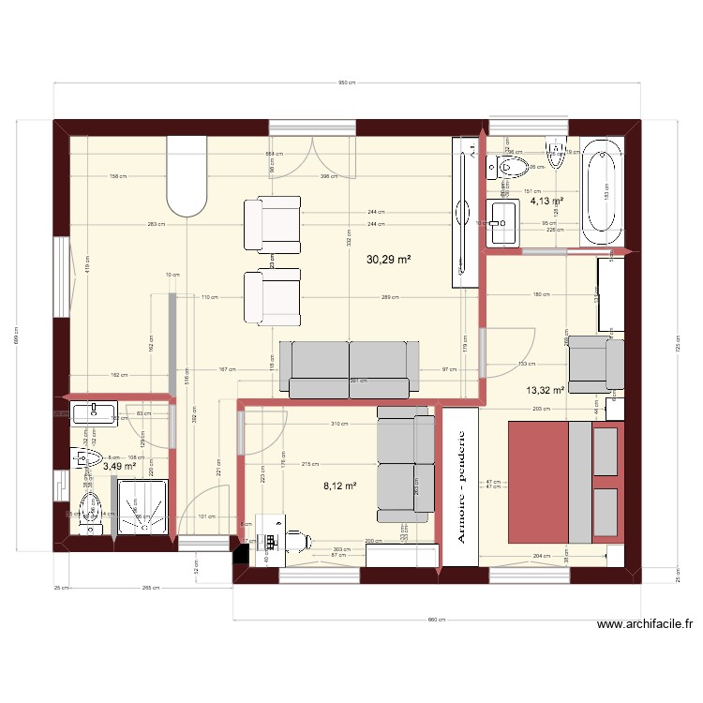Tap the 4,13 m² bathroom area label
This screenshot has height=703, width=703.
(546, 201)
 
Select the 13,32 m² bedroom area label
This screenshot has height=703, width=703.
(545, 391)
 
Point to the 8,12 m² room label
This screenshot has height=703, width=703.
(339, 486)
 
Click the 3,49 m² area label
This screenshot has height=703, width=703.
(119, 466)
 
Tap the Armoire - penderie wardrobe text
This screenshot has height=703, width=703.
(460, 486)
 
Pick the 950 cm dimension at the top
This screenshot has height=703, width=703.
(347, 82)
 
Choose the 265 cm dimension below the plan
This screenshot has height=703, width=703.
(148, 589)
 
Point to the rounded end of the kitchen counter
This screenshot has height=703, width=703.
(186, 197)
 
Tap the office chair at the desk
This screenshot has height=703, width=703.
(299, 540)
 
